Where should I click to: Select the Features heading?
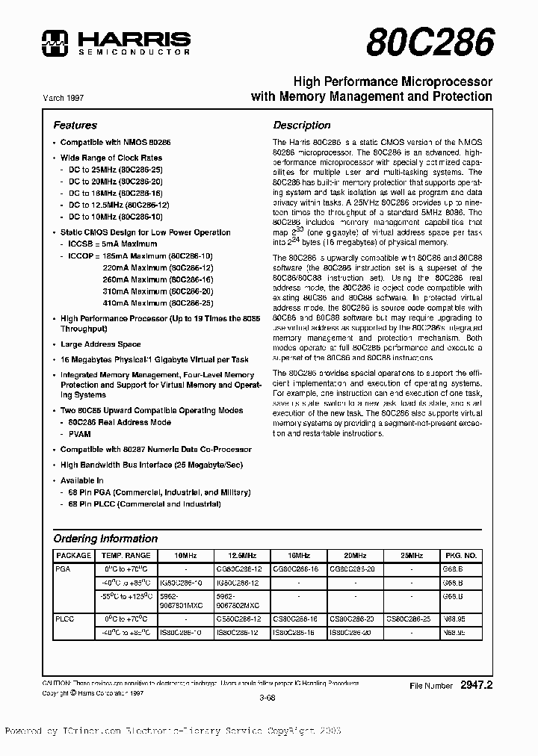pyautogui.click(x=75, y=126)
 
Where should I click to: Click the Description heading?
pyautogui.click(x=301, y=126)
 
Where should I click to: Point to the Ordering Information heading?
pyautogui.click(x=105, y=539)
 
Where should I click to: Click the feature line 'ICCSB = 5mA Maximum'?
pyautogui.click(x=108, y=244)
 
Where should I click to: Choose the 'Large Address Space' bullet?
pyautogui.click(x=100, y=344)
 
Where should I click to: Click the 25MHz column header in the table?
pyautogui.click(x=410, y=556)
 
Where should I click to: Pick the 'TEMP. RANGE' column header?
pyautogui.click(x=126, y=556)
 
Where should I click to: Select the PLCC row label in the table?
pyautogui.click(x=66, y=620)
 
